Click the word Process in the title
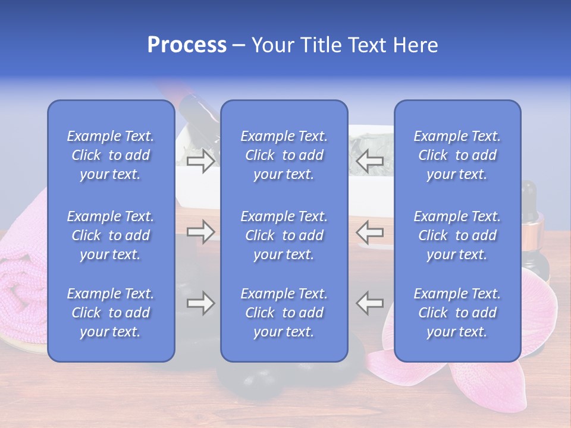click(x=187, y=45)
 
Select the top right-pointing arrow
click(x=200, y=160)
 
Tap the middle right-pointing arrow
click(x=200, y=232)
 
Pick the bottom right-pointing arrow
click(x=200, y=303)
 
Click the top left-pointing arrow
click(x=370, y=160)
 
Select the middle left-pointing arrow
click(x=370, y=232)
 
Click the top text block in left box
click(x=111, y=155)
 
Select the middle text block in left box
click(x=111, y=235)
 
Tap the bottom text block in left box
click(x=111, y=313)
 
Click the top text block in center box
click(x=284, y=155)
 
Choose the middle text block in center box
click(x=284, y=235)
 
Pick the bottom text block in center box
click(x=284, y=313)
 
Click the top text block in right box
click(x=457, y=155)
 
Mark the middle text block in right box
click(x=457, y=235)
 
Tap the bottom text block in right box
click(x=457, y=313)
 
